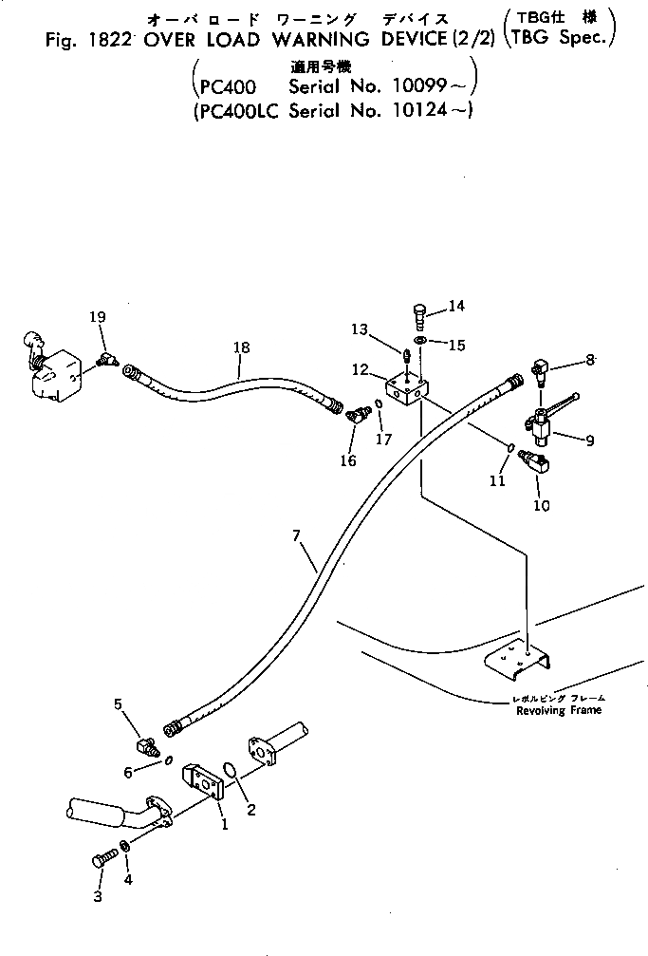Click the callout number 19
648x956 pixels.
pos(98,316)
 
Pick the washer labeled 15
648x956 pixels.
pos(420,341)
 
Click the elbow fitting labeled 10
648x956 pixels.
pos(537,462)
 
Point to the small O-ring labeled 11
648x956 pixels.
pos(509,447)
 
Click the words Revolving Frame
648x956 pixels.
pos(554,710)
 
